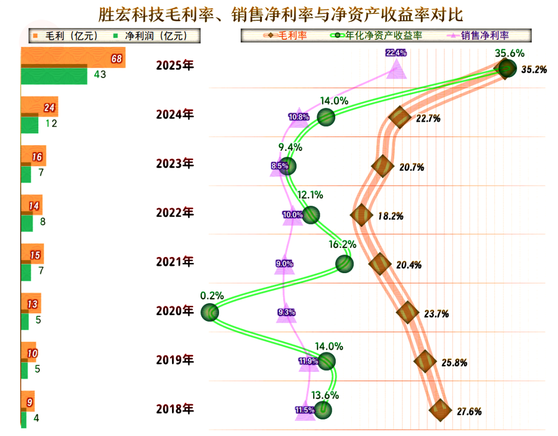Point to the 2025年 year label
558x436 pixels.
(175, 66)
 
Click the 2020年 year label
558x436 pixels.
(175, 311)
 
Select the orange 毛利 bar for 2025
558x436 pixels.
(72, 58)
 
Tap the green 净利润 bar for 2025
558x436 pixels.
(54, 76)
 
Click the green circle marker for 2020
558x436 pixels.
(210, 312)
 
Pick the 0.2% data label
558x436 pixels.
(212, 296)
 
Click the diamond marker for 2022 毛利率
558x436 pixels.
(361, 215)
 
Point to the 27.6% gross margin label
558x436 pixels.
(469, 412)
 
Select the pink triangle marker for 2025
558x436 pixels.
(396, 69)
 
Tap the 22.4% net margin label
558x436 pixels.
(396, 53)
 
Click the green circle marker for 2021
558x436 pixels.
(344, 264)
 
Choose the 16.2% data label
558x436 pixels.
(342, 244)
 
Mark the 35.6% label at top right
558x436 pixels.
(509, 53)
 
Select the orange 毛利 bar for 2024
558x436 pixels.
(39, 107)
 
